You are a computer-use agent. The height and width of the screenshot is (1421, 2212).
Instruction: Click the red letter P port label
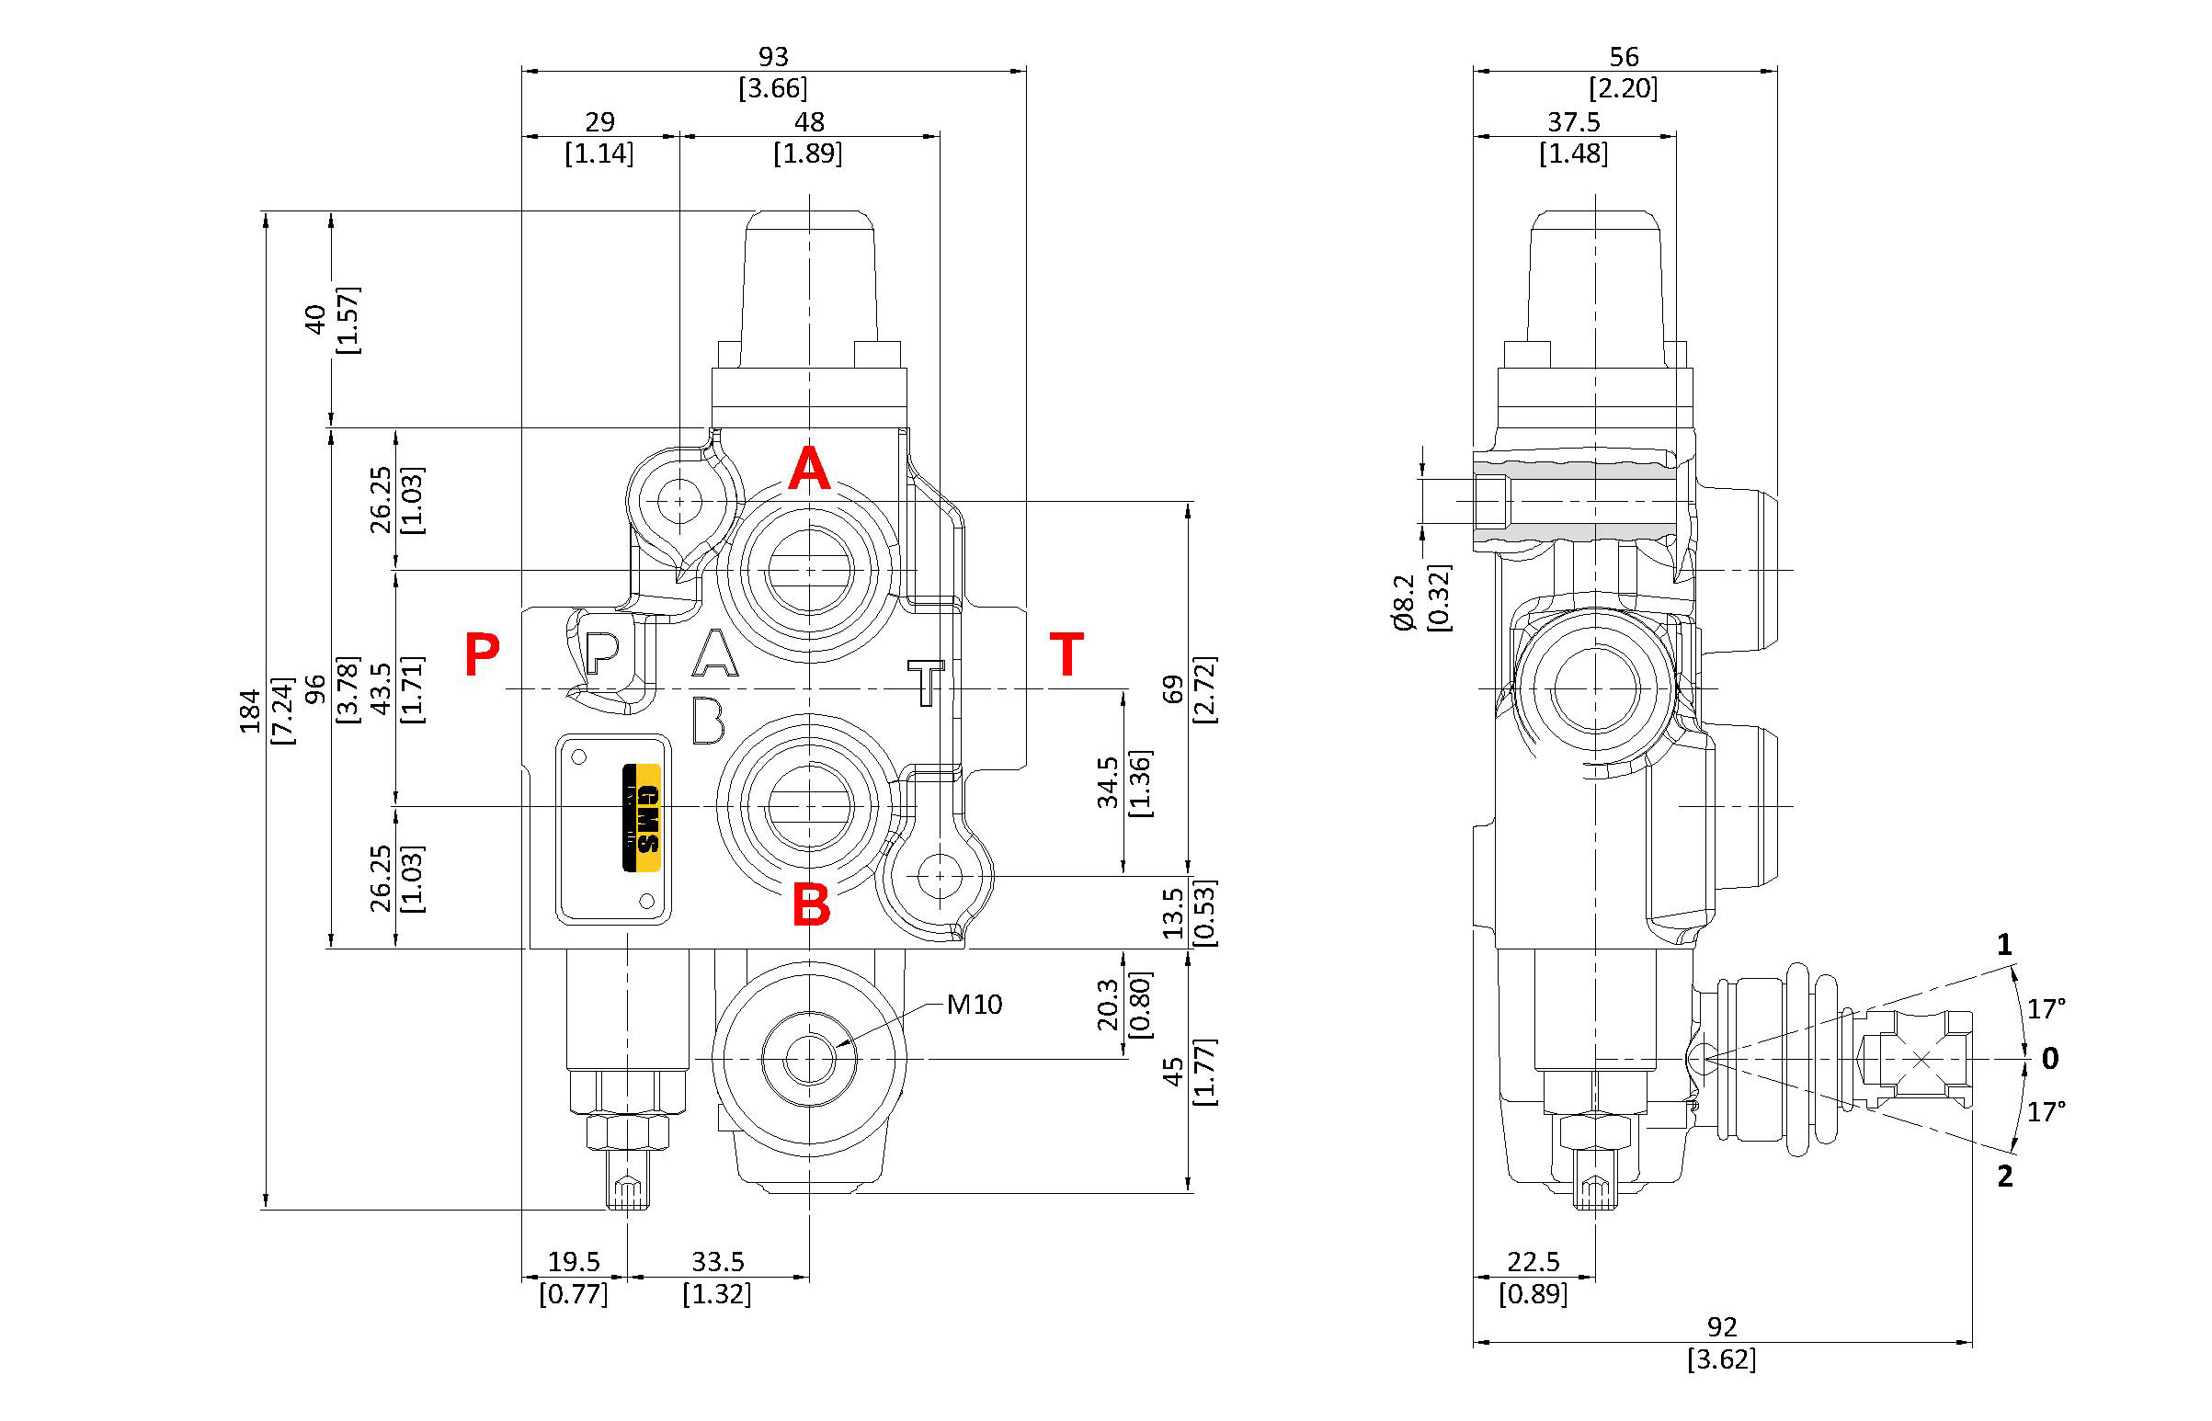pos(482,654)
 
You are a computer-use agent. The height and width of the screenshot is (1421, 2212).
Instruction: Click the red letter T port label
pos(1066,654)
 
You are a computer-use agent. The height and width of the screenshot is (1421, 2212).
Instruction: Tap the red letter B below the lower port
pos(811,905)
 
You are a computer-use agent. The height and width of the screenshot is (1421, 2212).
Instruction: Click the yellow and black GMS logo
pos(643,817)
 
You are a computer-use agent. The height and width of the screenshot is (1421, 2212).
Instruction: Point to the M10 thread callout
pos(975,1004)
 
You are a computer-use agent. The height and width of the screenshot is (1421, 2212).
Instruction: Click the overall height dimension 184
pos(251,710)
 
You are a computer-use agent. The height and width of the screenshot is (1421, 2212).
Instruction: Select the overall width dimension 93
pos(773,57)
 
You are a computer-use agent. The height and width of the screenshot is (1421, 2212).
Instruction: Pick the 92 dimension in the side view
pos(1722,1326)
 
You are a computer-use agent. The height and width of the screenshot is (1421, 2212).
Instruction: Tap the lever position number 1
pos(2003,945)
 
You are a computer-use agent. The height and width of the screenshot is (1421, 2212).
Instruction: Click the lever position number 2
pos(2004,1176)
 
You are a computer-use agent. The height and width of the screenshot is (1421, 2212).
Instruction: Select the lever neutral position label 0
pos(2049,1058)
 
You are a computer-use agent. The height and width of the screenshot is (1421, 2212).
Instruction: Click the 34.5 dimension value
pos(1109,782)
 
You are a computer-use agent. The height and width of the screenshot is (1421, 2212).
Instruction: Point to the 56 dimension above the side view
pos(1624,57)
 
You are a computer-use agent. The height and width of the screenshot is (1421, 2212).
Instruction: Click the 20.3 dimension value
pos(1109,1005)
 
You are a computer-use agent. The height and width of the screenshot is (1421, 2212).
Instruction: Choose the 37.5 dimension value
pos(1573,122)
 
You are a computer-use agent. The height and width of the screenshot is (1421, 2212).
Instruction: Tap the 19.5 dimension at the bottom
pos(574,1261)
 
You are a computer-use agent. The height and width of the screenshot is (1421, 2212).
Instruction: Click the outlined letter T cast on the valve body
pos(926,682)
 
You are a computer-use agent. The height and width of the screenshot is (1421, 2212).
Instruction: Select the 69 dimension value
pos(1173,689)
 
